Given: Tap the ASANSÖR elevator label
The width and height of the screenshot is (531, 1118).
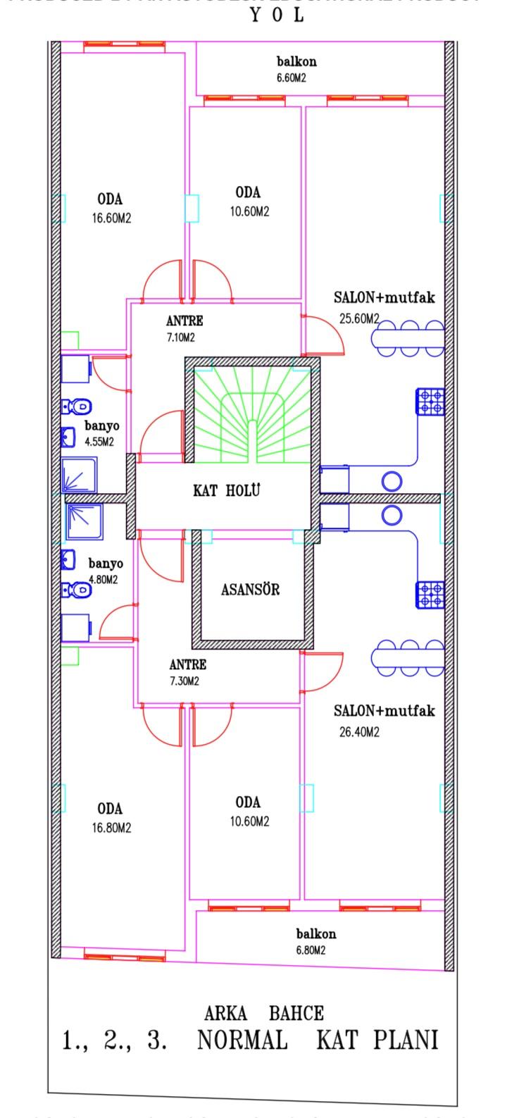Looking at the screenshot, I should [x=250, y=590].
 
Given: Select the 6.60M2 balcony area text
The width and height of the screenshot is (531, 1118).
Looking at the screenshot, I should [x=291, y=78].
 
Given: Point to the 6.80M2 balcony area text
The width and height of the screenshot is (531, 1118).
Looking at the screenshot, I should [x=310, y=950].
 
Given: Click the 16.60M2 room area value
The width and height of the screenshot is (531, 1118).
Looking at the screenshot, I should [x=111, y=218].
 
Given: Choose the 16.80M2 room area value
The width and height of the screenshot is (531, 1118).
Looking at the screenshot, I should [x=111, y=828].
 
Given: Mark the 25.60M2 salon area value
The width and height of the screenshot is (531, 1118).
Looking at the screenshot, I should [x=359, y=318].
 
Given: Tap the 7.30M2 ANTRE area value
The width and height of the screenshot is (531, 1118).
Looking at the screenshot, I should [x=184, y=681].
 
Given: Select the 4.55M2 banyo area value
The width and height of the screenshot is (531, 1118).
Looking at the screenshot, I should [x=99, y=442].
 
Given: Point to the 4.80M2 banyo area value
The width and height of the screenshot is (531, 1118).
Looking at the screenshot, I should [x=103, y=580].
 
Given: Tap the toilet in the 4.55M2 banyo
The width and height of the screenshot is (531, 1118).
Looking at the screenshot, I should [x=77, y=406].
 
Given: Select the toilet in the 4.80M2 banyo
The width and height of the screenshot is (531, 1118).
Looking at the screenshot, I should [x=77, y=590].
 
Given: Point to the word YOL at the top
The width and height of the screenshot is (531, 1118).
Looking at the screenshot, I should [x=277, y=15].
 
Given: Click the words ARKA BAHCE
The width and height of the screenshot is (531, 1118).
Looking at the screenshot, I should [x=264, y=1014].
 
